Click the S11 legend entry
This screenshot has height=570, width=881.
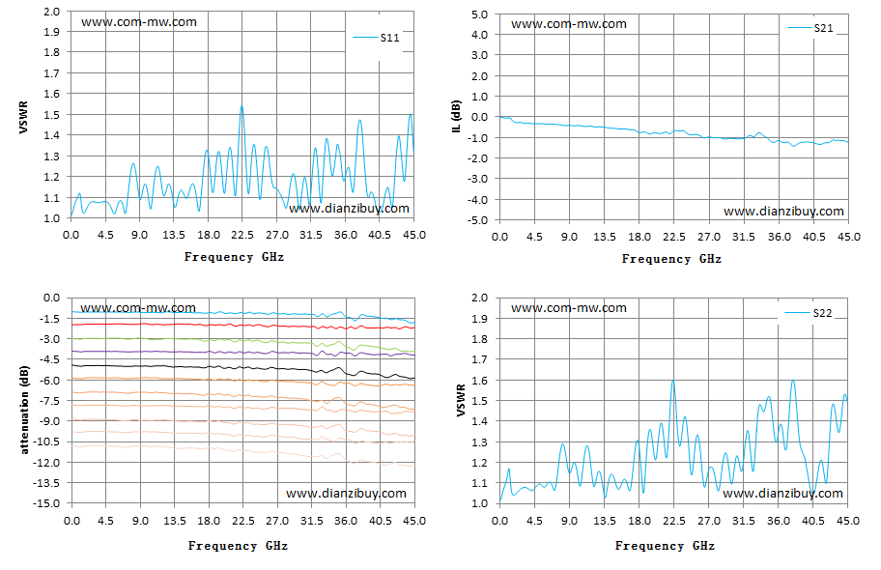click(x=377, y=38)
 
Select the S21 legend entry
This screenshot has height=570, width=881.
click(x=810, y=28)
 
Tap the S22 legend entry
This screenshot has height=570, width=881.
click(x=809, y=313)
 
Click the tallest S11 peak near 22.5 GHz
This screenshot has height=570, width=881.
click(x=242, y=106)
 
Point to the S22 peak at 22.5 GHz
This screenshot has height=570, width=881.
click(x=672, y=381)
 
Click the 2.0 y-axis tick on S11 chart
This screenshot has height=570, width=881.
click(x=52, y=12)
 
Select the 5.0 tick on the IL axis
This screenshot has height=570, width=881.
click(x=481, y=14)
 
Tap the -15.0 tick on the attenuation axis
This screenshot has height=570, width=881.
click(x=47, y=503)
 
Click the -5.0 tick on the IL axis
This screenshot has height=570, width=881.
click(x=478, y=220)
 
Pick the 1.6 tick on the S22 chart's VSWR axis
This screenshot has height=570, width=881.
click(x=479, y=380)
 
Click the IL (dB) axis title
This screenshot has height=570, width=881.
click(x=457, y=117)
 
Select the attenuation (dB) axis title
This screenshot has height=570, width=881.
click(x=24, y=410)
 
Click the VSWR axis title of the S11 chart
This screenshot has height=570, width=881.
click(x=23, y=118)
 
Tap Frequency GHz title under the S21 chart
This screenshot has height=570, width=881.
click(x=671, y=259)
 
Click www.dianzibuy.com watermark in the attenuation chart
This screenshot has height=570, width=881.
click(x=346, y=493)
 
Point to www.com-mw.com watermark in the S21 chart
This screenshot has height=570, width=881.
click(x=569, y=23)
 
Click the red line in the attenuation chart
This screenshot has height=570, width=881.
click(x=242, y=325)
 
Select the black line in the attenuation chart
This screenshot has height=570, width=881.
click(x=242, y=368)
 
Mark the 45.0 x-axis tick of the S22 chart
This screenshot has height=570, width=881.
click(x=848, y=521)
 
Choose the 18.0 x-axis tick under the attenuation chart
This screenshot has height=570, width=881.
click(x=209, y=521)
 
